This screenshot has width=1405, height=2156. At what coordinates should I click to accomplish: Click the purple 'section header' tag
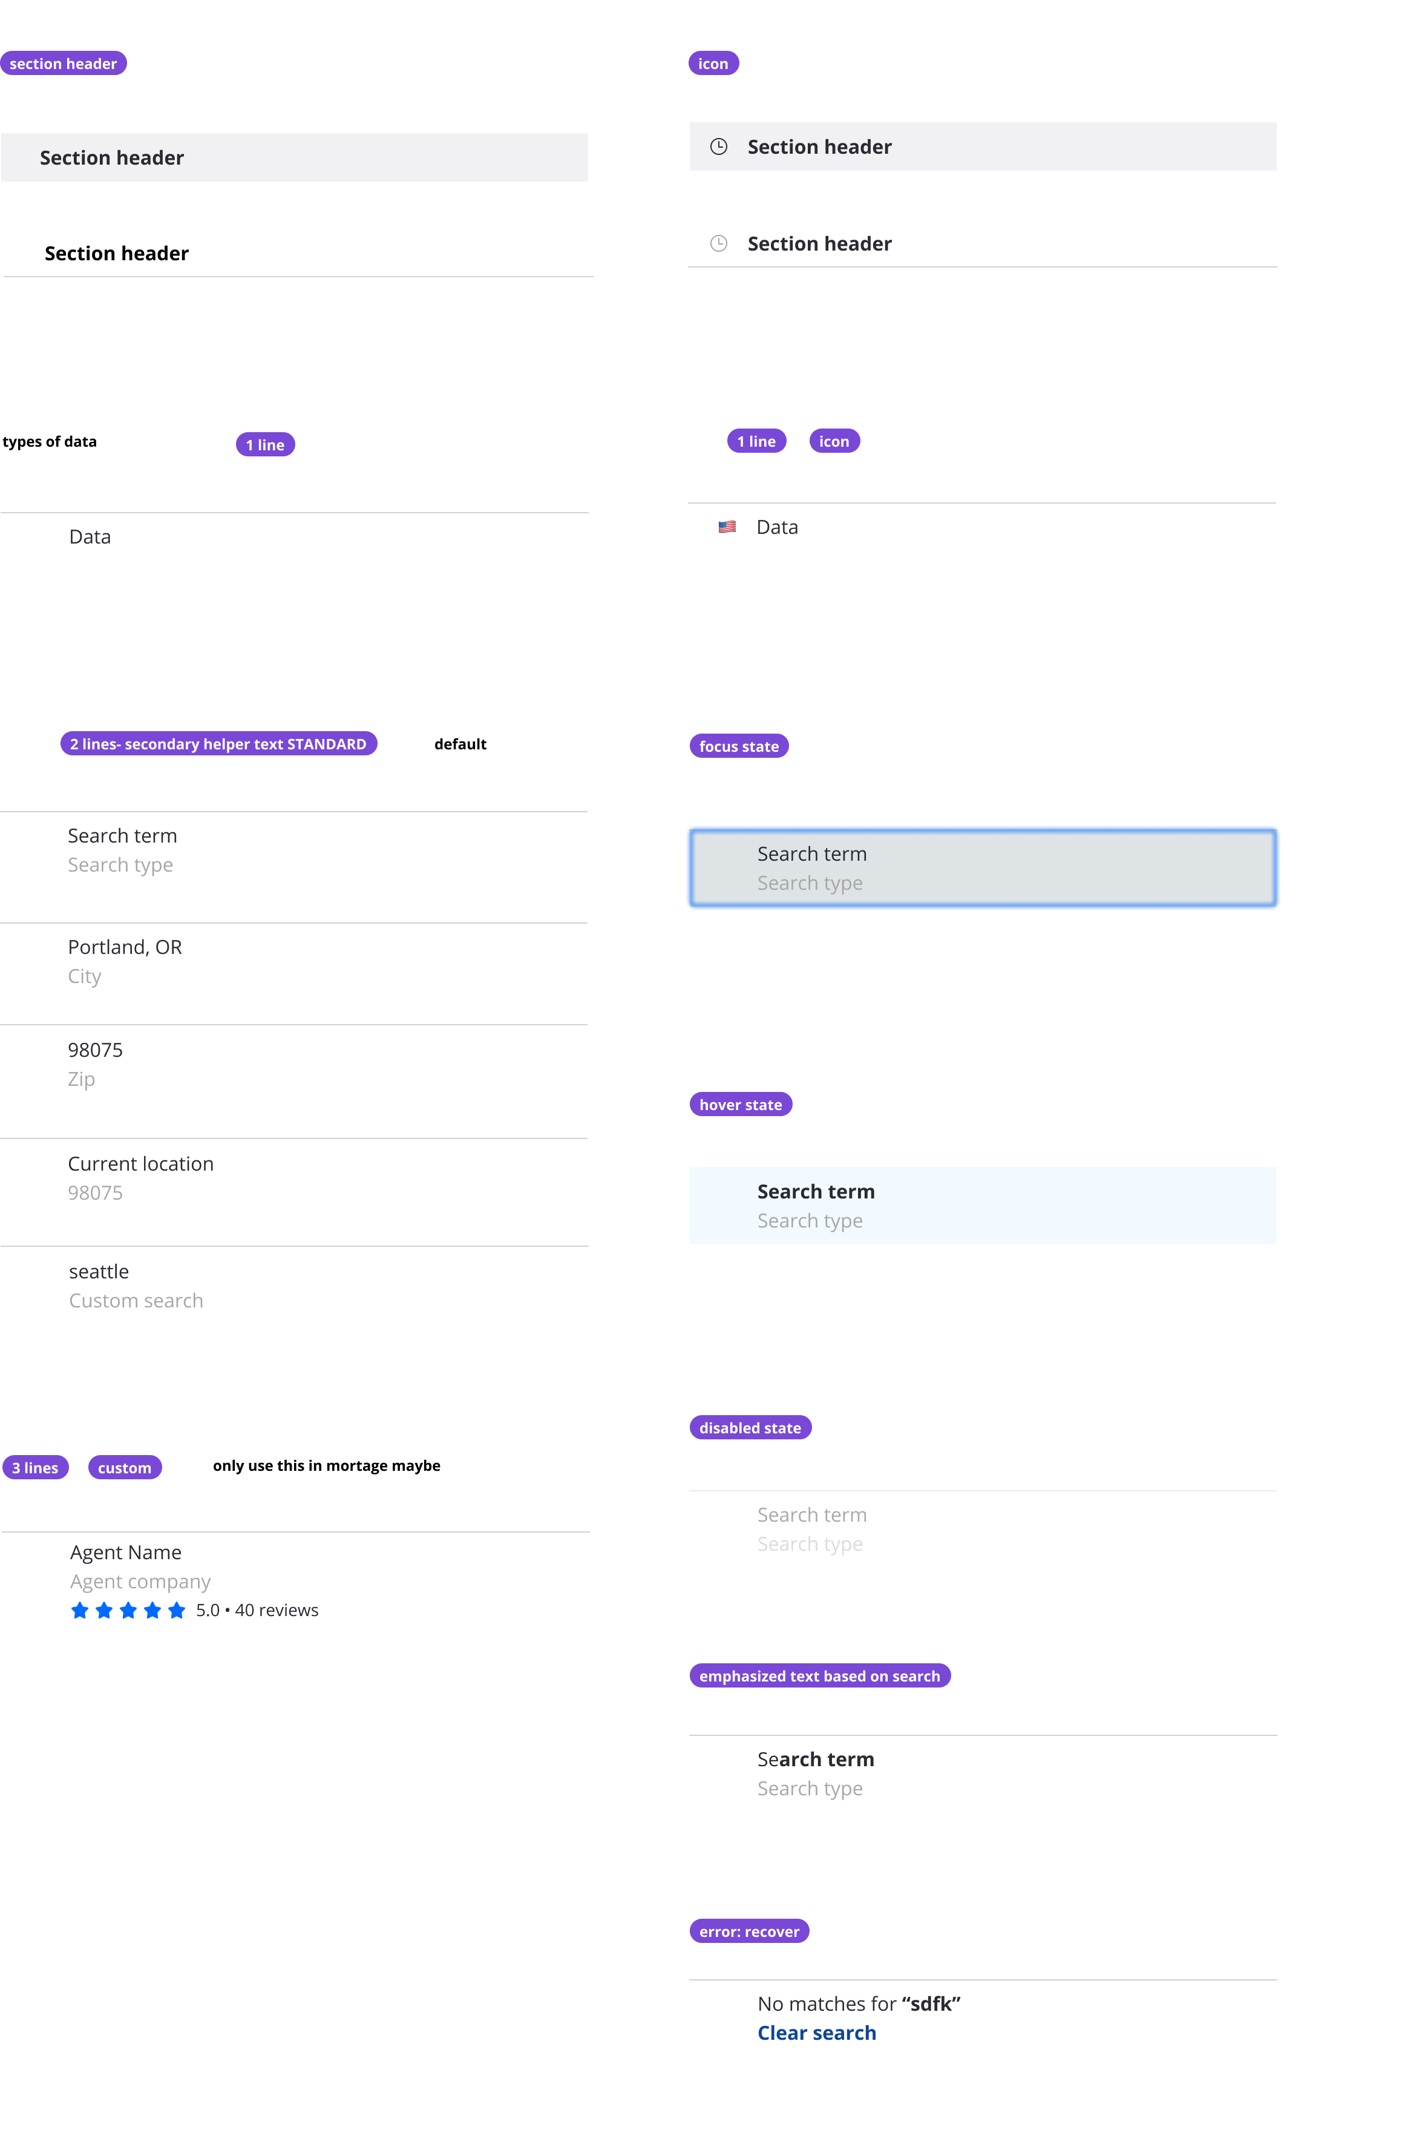pyautogui.click(x=64, y=64)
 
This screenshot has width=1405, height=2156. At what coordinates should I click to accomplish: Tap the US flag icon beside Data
pyautogui.click(x=727, y=527)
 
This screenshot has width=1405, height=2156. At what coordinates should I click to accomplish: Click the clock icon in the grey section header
pyautogui.click(x=718, y=146)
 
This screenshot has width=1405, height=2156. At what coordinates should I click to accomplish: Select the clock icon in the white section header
pyautogui.click(x=718, y=244)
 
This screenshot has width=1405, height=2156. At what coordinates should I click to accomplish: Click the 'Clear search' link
pyautogui.click(x=816, y=2033)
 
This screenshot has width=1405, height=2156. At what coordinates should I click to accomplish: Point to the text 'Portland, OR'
pyautogui.click(x=125, y=947)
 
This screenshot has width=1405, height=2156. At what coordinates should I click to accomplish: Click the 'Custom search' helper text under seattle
pyautogui.click(x=136, y=1301)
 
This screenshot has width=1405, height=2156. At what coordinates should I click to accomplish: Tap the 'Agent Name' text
pyautogui.click(x=126, y=1553)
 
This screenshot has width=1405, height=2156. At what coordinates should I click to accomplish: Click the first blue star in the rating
pyautogui.click(x=80, y=1610)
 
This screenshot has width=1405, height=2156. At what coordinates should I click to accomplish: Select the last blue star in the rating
pyautogui.click(x=177, y=1610)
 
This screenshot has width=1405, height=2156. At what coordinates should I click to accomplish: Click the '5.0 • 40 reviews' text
pyautogui.click(x=257, y=1610)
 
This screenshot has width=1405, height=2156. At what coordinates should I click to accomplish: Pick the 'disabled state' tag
pyautogui.click(x=750, y=1428)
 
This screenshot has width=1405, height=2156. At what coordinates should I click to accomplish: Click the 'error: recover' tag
pyautogui.click(x=749, y=1931)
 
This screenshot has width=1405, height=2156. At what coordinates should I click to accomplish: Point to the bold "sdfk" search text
pyautogui.click(x=931, y=2004)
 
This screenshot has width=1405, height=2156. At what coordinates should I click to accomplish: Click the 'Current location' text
pyautogui.click(x=140, y=1164)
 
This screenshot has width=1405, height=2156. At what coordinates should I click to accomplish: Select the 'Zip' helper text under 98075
pyautogui.click(x=82, y=1079)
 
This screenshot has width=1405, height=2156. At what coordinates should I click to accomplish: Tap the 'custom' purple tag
pyautogui.click(x=125, y=1468)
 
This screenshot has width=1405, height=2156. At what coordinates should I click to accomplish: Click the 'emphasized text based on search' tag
pyautogui.click(x=820, y=1676)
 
